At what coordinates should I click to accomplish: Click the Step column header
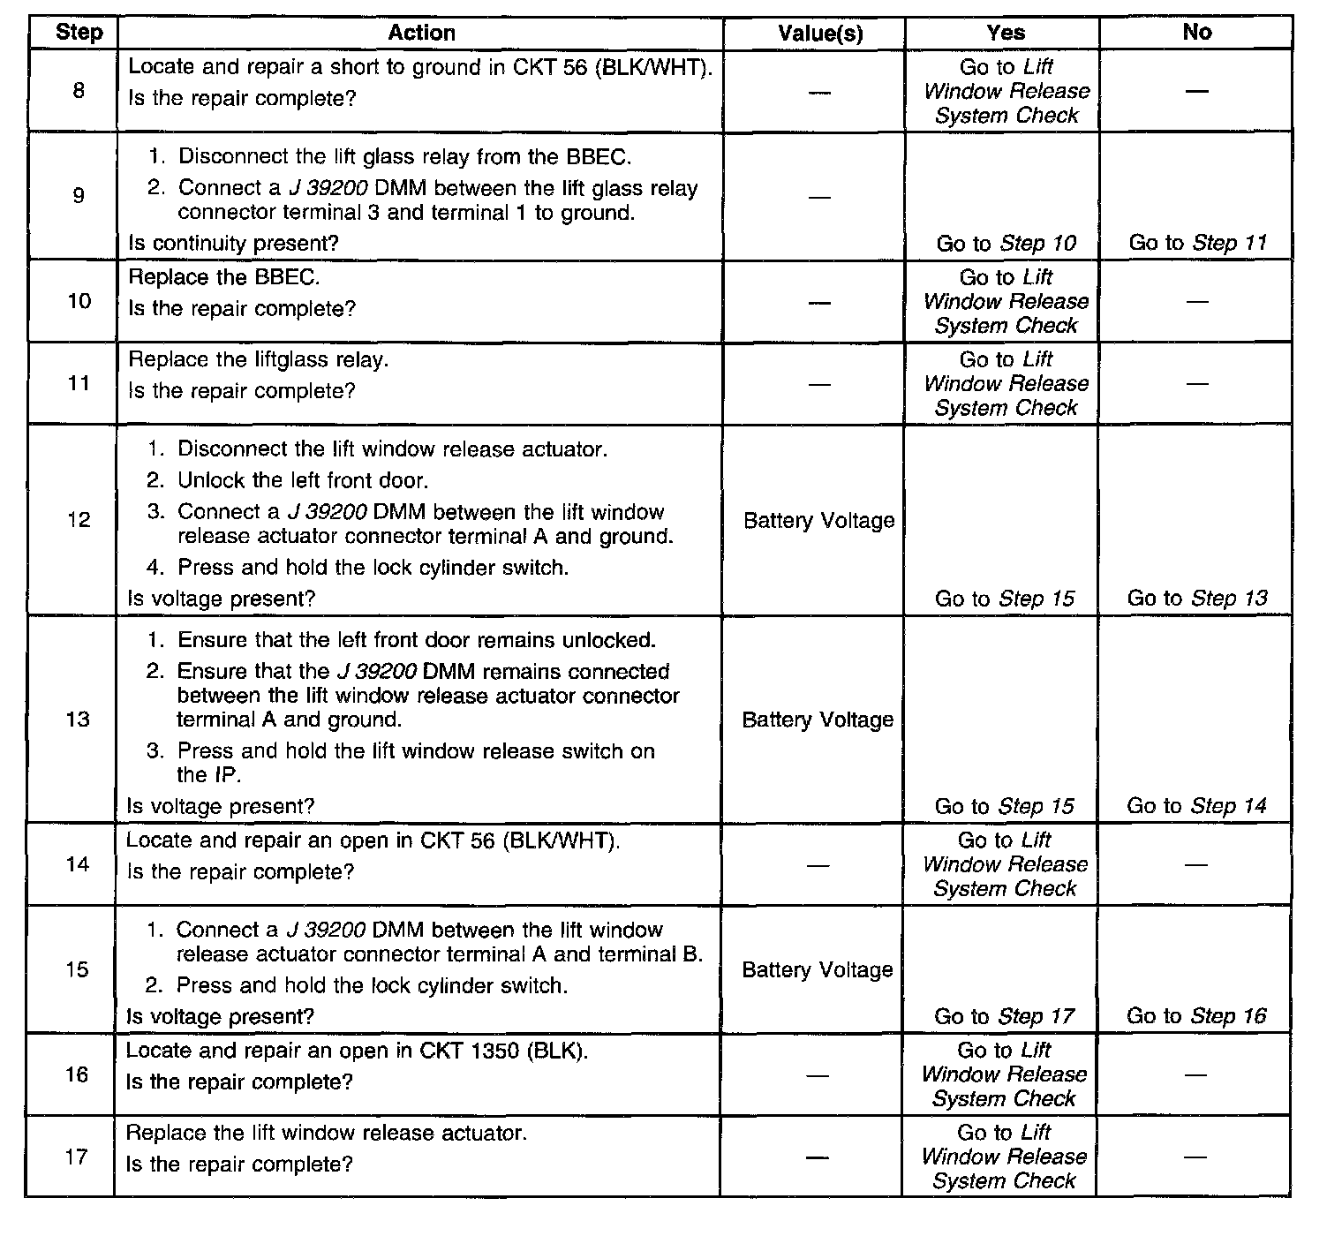tap(79, 33)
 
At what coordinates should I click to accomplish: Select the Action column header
tap(421, 33)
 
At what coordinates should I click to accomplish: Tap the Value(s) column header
tap(819, 34)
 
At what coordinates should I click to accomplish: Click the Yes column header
tap(1006, 33)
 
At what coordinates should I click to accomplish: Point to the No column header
tap(1196, 32)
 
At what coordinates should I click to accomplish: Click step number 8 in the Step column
tap(79, 90)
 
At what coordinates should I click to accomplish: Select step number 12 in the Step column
tap(79, 519)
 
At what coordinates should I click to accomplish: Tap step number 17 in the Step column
tap(77, 1156)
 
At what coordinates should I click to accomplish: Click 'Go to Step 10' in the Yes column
tap(1006, 244)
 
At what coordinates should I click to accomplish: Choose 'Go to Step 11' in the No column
tap(1197, 244)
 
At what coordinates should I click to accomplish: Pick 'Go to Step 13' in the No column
tap(1196, 599)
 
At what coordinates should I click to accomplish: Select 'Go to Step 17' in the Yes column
tap(1004, 1017)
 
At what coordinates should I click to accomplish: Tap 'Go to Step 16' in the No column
tap(1195, 1016)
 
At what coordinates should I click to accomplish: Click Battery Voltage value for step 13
tap(818, 720)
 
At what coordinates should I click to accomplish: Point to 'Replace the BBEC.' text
tap(224, 277)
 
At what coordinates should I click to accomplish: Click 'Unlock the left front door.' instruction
tap(302, 481)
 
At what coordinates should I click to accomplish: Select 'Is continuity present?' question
tap(233, 244)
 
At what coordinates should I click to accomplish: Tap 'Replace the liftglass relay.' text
tap(258, 360)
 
